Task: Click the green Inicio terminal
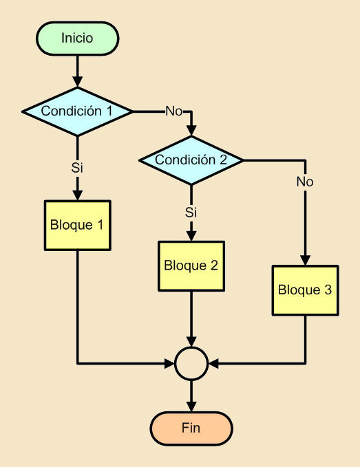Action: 77,36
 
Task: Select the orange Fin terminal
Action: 191,428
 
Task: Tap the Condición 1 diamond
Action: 77,111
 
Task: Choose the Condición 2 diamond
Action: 191,160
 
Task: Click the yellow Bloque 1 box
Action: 77,225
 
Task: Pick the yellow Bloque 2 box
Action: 191,265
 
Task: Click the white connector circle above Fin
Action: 191,362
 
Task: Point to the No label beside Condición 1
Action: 173,111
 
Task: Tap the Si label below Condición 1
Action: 77,167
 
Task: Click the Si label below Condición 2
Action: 191,212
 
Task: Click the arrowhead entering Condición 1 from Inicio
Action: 77,81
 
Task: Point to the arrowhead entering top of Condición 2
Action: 191,131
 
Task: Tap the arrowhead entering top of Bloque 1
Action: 77,194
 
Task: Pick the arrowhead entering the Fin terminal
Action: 191,406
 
